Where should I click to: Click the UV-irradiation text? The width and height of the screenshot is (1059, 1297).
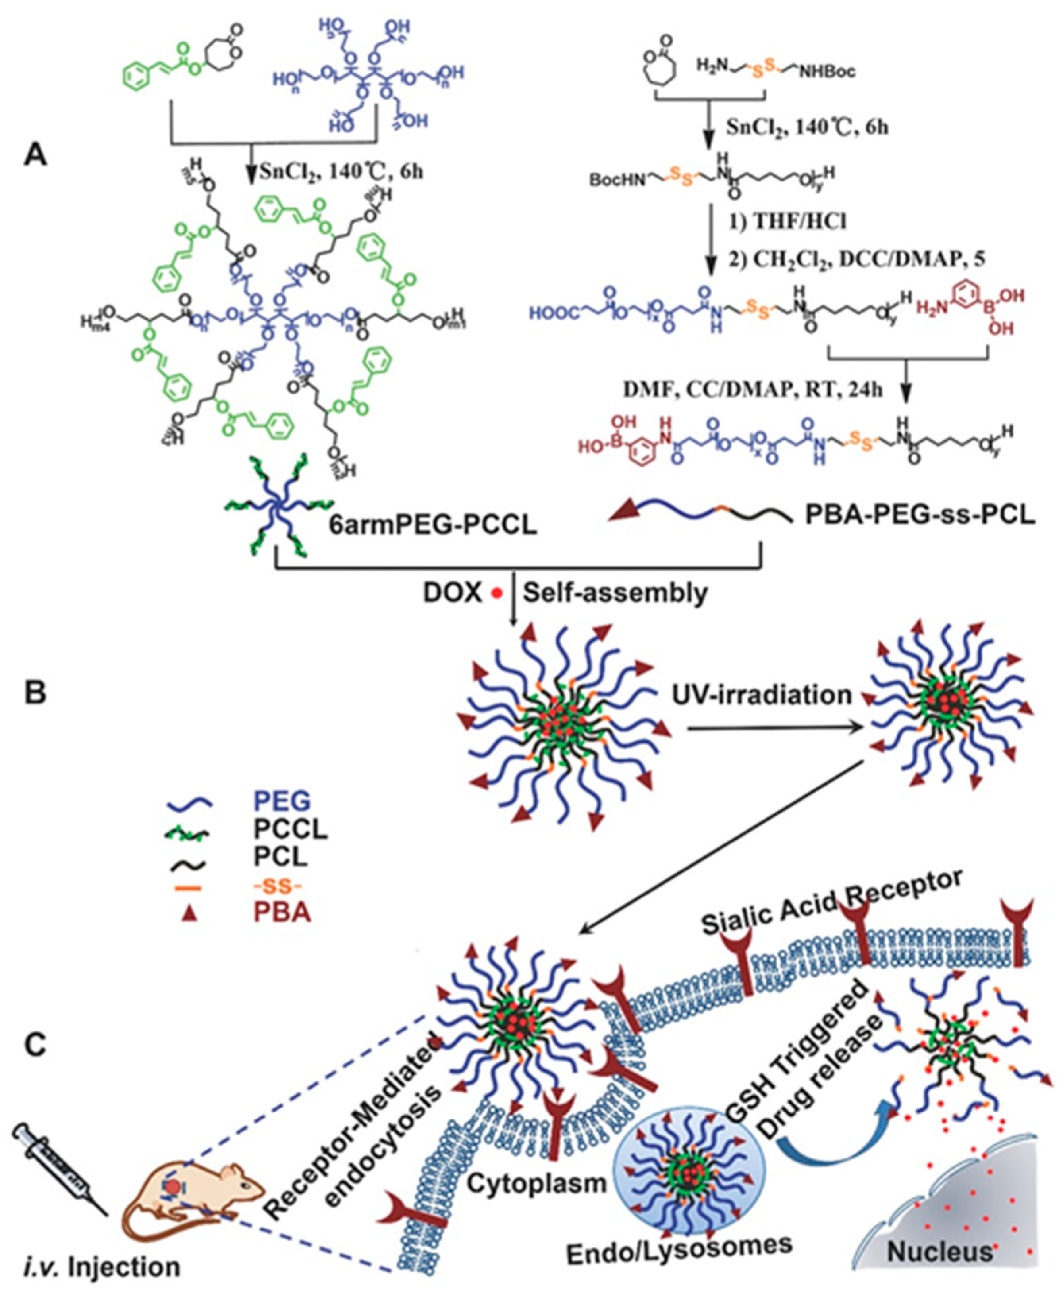coord(762,695)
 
